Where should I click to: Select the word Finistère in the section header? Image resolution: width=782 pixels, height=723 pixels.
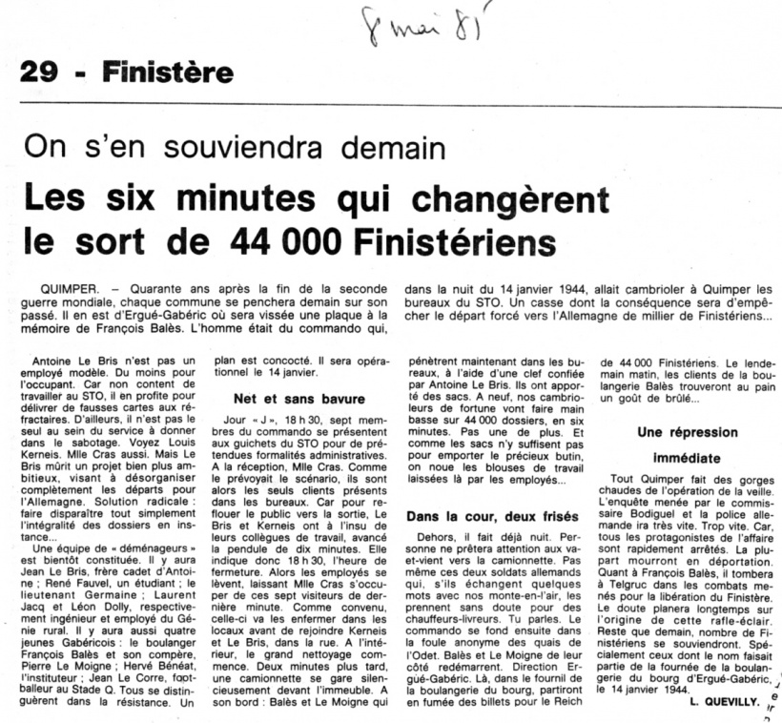pos(168,72)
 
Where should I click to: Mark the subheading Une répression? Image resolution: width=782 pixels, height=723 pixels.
pos(688,432)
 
